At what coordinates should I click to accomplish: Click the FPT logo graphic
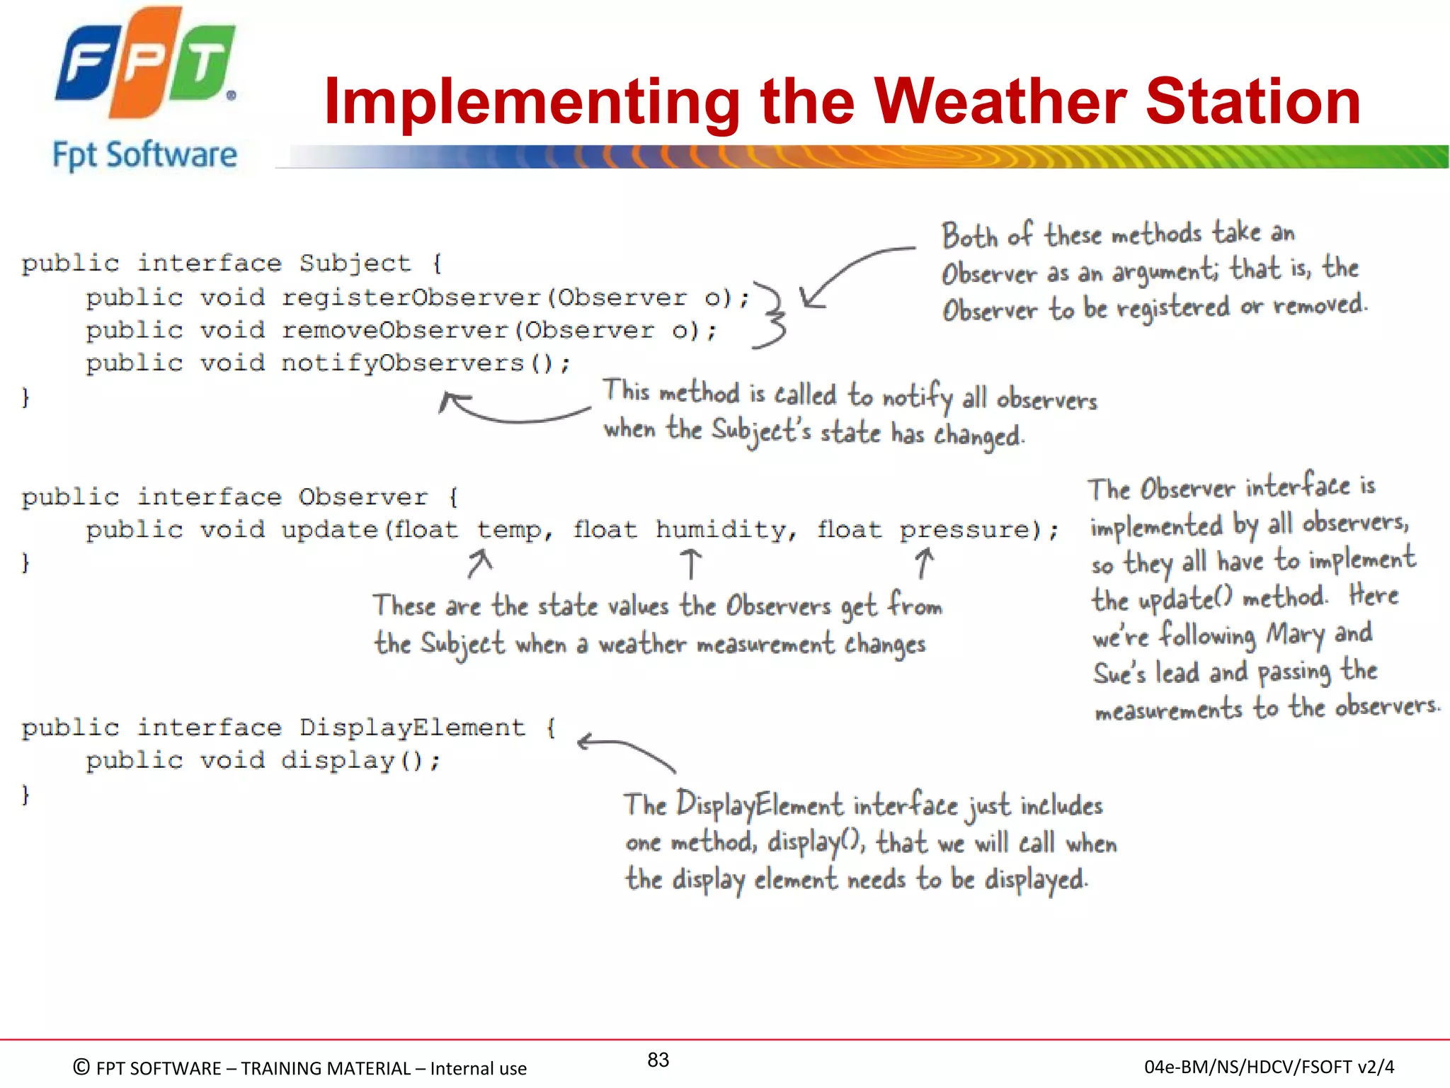click(145, 64)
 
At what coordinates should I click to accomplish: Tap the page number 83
click(658, 1060)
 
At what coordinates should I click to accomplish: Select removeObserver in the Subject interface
click(396, 330)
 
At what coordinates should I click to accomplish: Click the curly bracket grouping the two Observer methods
click(772, 315)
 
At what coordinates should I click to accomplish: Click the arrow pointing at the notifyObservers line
click(510, 411)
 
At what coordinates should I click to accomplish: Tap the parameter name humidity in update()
click(719, 529)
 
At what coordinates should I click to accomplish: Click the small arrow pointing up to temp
click(479, 564)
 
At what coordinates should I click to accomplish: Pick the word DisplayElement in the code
click(412, 727)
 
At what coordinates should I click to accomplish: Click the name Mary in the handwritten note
click(1295, 634)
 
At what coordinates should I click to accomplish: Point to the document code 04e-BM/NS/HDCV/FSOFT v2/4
click(1269, 1067)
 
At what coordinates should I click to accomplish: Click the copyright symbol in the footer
click(81, 1067)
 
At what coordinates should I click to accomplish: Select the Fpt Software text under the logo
click(145, 155)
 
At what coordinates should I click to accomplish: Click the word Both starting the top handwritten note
click(969, 236)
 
